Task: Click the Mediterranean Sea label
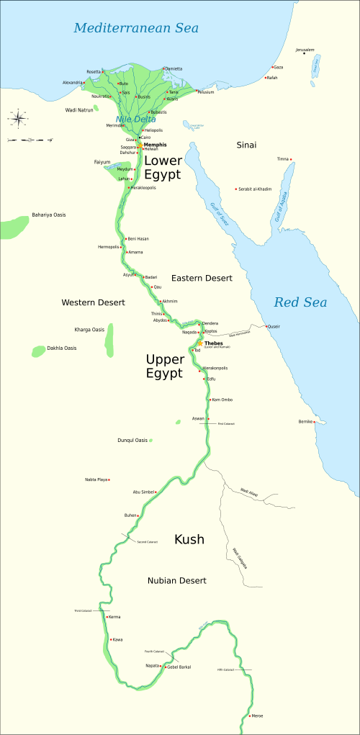136,29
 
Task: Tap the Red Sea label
300,302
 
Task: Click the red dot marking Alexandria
84,83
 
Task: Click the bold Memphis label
155,145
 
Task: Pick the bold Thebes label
214,343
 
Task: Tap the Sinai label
246,145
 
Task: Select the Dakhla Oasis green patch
38,351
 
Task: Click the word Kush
189,539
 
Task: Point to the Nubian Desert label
177,580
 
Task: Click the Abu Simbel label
144,492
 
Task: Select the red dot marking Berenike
315,422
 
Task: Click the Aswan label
198,418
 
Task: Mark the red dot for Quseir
266,327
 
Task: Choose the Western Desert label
93,302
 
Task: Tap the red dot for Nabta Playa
109,479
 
